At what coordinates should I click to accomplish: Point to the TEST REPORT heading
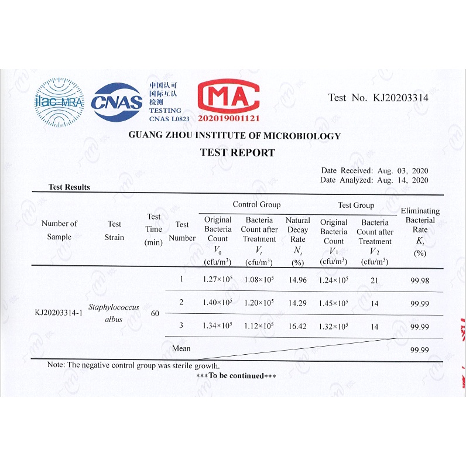click(x=237, y=153)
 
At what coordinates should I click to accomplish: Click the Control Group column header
click(x=256, y=205)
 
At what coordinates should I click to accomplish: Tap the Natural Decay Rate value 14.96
click(x=297, y=280)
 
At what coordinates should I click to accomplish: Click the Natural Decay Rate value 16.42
click(x=297, y=325)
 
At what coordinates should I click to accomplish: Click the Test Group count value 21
click(x=374, y=280)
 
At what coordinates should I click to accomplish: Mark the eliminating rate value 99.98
click(x=419, y=281)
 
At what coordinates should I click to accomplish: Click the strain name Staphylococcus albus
click(x=114, y=313)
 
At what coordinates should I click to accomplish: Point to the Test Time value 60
click(x=155, y=313)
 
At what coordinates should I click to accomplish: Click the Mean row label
click(x=181, y=348)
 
